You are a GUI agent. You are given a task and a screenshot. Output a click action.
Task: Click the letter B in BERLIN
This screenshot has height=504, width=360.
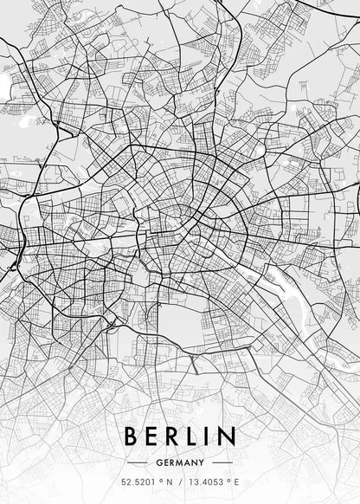point(132,435)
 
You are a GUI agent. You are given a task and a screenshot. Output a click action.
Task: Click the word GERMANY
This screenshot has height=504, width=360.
point(180,462)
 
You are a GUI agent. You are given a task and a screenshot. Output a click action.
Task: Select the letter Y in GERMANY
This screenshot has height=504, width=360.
point(201,462)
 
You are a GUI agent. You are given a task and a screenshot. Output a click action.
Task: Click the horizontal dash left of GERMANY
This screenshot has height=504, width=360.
point(138,462)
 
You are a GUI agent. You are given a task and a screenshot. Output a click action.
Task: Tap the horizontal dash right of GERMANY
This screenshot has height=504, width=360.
point(223,462)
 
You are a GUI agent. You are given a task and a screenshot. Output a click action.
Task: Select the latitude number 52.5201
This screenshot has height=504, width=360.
point(138,482)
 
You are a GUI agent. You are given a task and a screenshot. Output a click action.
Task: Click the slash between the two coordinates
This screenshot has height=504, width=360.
point(180,482)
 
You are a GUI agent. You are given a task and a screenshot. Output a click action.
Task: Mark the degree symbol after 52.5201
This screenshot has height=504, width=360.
point(158,481)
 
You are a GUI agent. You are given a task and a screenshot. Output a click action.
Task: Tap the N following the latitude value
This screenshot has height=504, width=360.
point(167,482)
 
